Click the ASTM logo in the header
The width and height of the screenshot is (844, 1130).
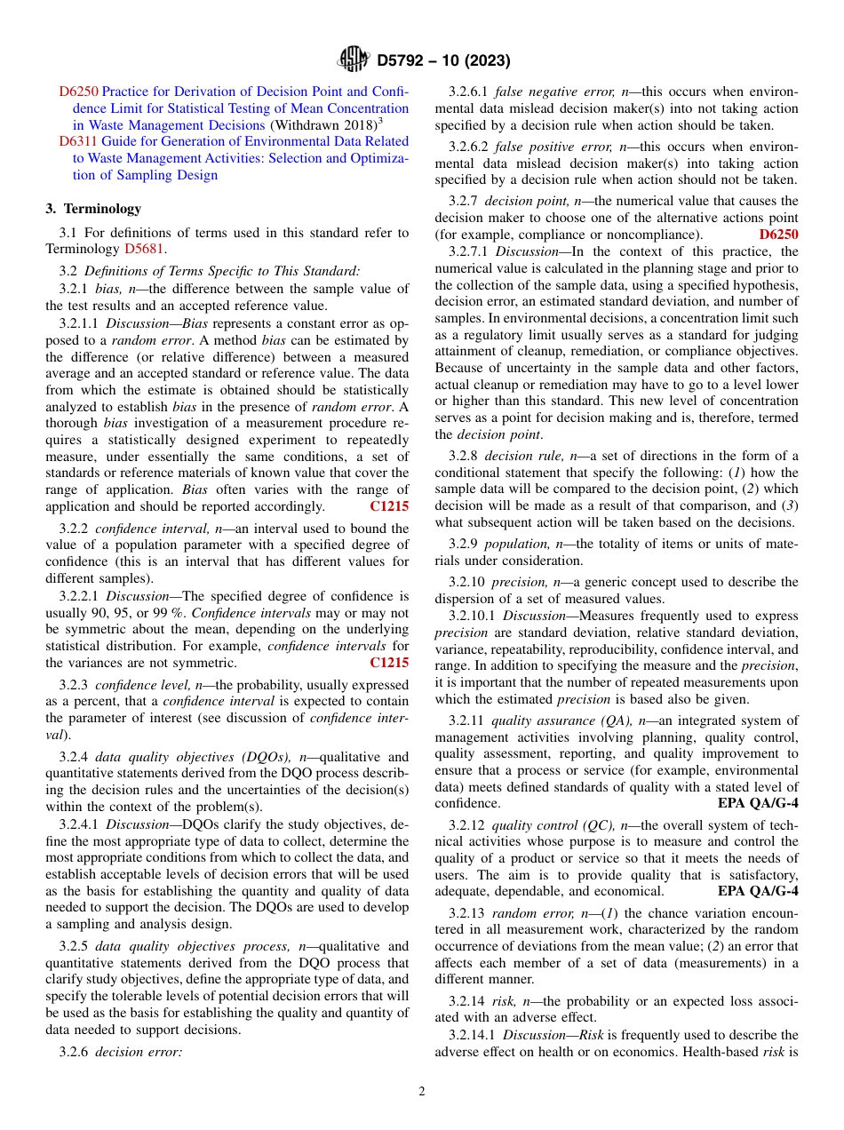pyautogui.click(x=353, y=60)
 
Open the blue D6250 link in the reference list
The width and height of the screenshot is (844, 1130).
pyautogui.click(x=78, y=92)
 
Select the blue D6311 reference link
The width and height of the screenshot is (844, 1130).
pyautogui.click(x=78, y=141)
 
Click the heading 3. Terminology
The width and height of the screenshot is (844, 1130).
pyautogui.click(x=93, y=209)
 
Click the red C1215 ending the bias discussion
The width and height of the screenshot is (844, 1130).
pyautogui.click(x=388, y=506)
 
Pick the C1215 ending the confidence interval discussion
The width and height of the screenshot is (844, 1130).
pyautogui.click(x=388, y=663)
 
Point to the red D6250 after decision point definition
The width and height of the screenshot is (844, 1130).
pyautogui.click(x=778, y=235)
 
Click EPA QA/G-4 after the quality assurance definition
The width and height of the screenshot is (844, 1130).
pyautogui.click(x=757, y=804)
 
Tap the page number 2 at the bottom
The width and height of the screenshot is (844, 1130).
pyautogui.click(x=422, y=1092)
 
